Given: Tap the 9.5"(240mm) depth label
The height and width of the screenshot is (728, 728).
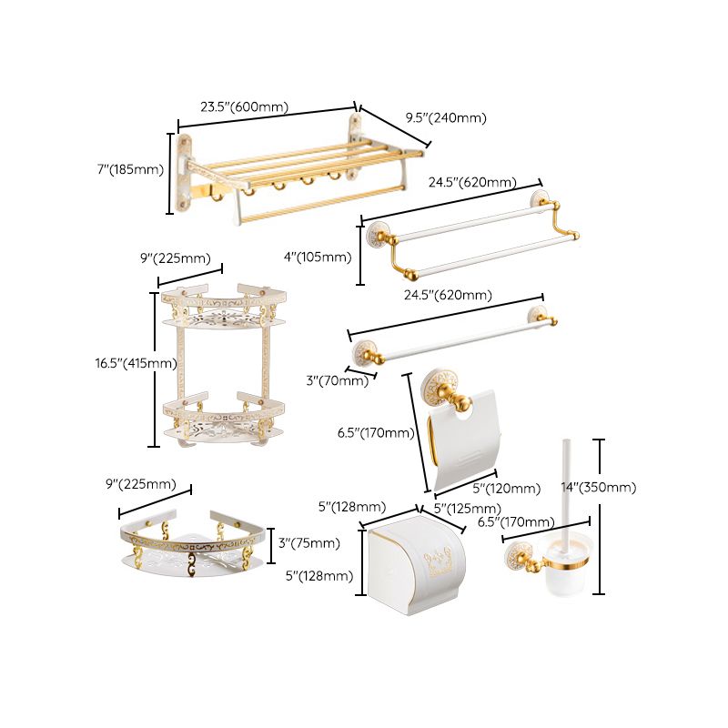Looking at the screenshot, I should (x=445, y=118).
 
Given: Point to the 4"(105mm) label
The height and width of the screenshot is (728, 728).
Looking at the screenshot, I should (x=318, y=258).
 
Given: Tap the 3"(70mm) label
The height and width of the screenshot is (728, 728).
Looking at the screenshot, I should (x=337, y=380).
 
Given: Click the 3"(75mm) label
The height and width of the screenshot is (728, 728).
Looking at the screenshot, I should (x=309, y=543).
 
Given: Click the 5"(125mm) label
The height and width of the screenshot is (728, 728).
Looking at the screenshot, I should (x=467, y=508).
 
